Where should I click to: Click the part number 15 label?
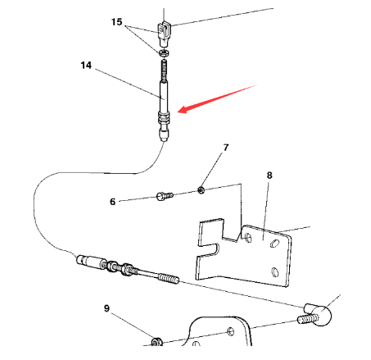coord(116,21)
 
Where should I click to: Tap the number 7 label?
coord(226,148)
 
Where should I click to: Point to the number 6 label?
coord(113,200)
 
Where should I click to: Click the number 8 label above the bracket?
coord(269,175)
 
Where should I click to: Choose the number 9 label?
coord(106,308)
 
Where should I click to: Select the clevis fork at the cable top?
coord(165,34)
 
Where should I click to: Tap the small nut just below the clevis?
coord(164,53)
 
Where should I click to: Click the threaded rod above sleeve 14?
coord(164,71)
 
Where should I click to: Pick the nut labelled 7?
coord(201,190)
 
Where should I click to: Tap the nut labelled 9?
coord(157,339)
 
